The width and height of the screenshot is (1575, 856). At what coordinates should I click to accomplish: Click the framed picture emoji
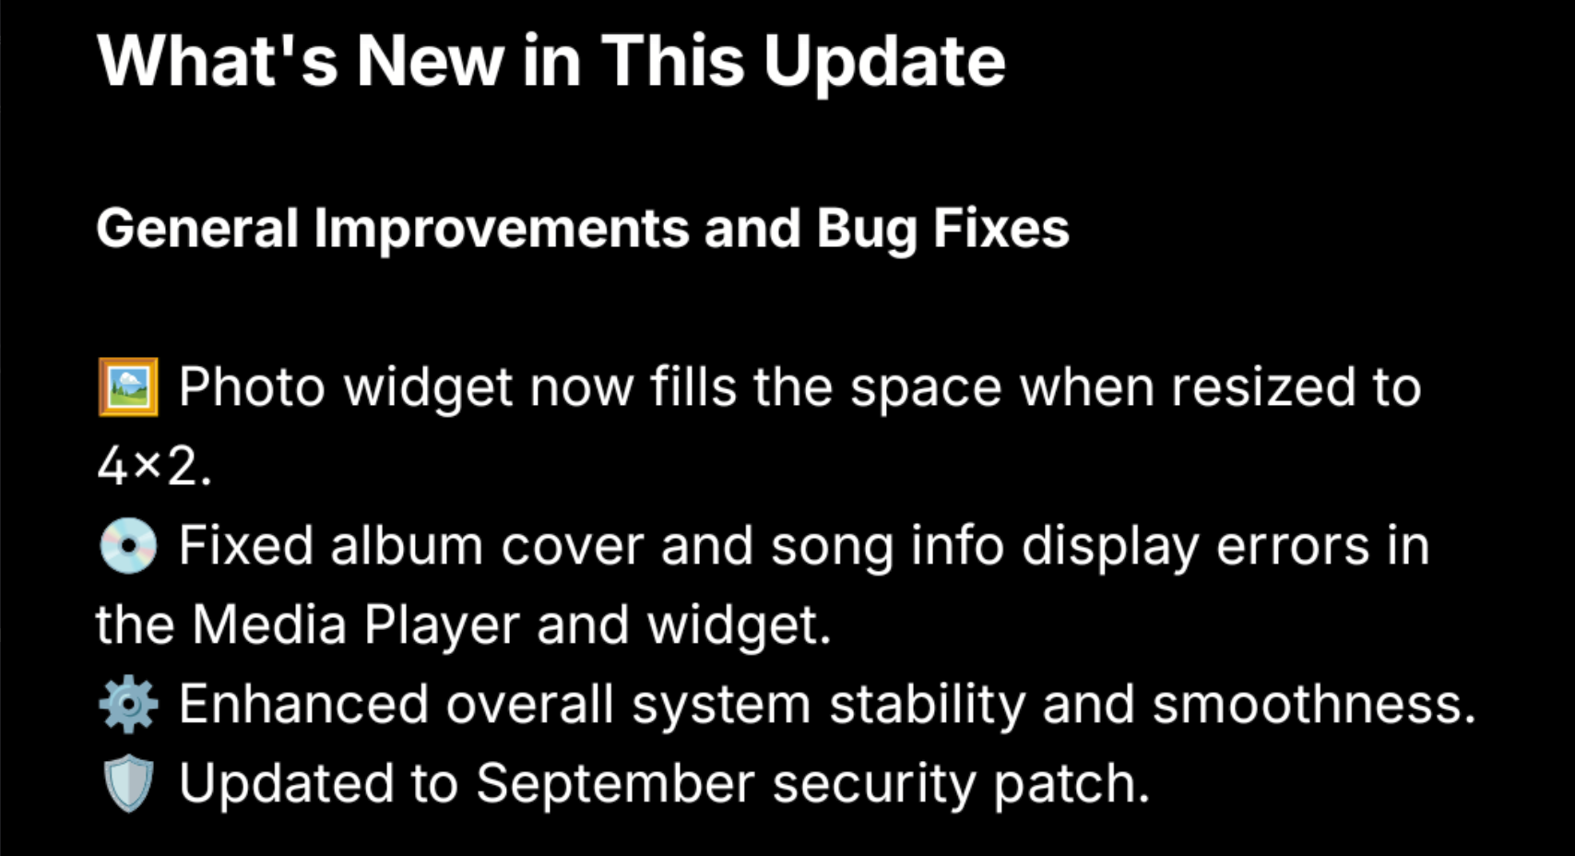pos(128,386)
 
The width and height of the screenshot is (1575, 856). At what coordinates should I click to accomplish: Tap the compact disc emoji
pos(128,546)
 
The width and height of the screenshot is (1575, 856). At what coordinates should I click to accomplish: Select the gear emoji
pos(128,705)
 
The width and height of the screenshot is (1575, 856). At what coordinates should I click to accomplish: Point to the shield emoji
pos(128,783)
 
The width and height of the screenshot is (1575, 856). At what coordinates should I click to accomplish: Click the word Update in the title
pos(884,64)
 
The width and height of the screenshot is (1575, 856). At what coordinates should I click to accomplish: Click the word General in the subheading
pos(197,229)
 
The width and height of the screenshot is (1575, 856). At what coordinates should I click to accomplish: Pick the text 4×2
pos(154,468)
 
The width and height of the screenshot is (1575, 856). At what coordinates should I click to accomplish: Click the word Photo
pos(252,386)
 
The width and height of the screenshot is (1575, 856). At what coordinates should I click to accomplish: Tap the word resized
pos(1262,386)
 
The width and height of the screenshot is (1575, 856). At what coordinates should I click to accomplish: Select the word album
pos(407,546)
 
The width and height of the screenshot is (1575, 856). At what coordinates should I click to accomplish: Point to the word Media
pos(269,624)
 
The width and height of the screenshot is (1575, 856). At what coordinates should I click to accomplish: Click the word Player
pos(442,627)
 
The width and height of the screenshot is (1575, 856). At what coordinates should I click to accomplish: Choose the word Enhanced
pos(303,704)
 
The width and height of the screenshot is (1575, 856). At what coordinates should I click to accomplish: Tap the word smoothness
pos(1313,704)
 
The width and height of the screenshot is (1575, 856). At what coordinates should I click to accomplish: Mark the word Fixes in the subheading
pos(1001,229)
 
